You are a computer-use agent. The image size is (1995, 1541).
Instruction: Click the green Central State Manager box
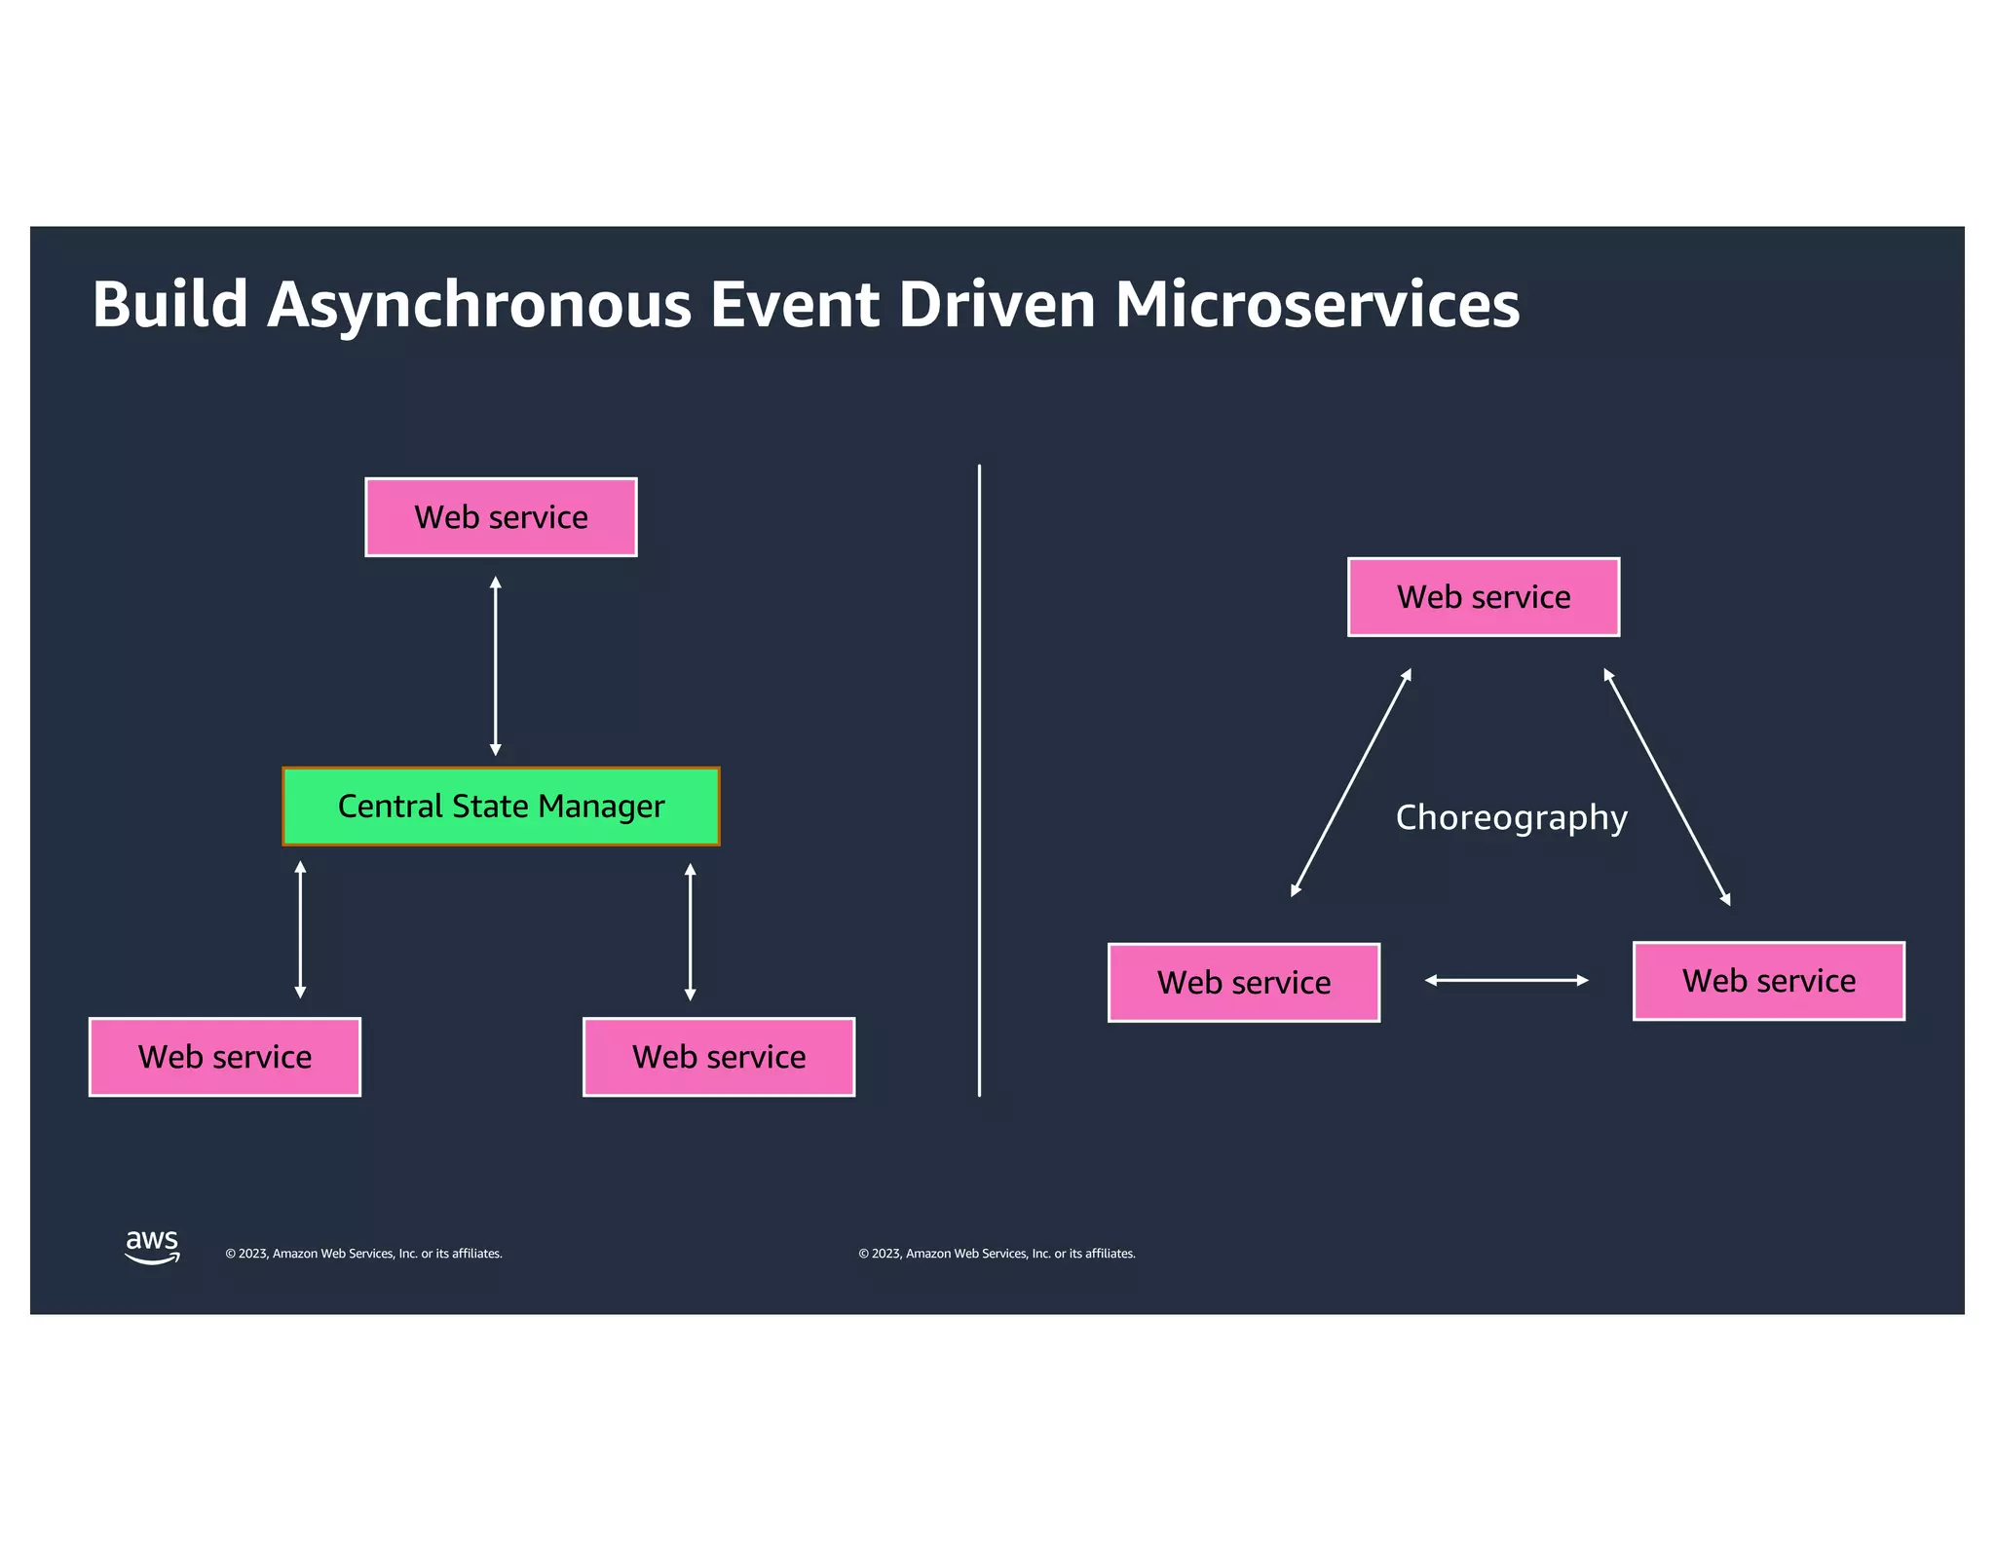tap(501, 806)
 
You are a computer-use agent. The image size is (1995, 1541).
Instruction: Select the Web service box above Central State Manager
tap(501, 517)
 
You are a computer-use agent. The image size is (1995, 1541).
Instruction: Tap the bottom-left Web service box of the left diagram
tap(225, 1057)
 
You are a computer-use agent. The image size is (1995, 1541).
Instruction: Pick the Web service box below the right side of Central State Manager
tap(719, 1057)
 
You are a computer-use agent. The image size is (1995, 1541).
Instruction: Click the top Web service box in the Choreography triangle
tap(1484, 597)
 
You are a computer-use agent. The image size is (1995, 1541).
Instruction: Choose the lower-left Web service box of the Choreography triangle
tap(1244, 982)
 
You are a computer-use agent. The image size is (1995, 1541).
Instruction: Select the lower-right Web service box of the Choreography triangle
tap(1768, 981)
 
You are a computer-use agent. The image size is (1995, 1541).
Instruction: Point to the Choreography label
tap(1511, 817)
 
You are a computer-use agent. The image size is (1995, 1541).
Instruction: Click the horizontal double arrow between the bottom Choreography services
tap(1506, 980)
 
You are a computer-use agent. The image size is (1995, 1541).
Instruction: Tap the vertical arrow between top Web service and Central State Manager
tap(495, 666)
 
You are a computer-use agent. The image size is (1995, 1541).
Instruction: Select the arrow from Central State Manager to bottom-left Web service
tap(300, 930)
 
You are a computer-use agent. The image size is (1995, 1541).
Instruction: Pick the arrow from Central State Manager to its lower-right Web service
tap(690, 932)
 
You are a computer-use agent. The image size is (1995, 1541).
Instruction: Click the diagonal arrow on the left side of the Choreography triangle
tap(1351, 782)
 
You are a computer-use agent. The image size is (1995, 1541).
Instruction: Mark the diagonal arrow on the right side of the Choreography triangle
tap(1667, 787)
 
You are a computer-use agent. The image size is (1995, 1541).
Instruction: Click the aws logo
tap(152, 1246)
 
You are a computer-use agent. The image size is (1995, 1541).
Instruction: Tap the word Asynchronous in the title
tap(477, 305)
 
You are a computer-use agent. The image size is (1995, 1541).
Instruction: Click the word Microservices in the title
tap(1316, 305)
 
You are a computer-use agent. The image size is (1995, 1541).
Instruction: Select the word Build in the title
tap(169, 305)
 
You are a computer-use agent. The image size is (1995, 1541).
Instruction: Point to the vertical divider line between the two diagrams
tap(979, 780)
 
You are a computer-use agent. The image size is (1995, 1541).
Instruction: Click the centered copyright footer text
tap(997, 1254)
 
